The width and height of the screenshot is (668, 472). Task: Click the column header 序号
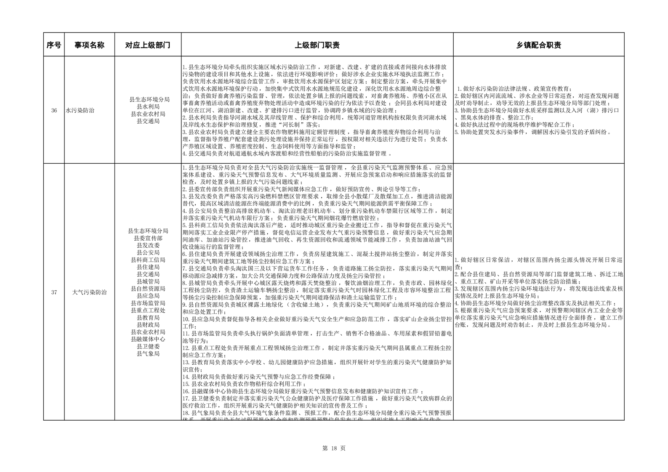click(53, 45)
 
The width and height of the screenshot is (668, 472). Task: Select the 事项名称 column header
click(89, 45)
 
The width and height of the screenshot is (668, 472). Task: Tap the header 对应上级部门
click(148, 45)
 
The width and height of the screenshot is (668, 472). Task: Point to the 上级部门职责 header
click(317, 45)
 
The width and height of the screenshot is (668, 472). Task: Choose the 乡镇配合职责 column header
click(539, 45)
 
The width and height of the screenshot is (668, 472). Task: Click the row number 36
click(54, 111)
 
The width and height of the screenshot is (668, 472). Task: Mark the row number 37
click(54, 292)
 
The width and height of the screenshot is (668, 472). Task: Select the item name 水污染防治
click(80, 111)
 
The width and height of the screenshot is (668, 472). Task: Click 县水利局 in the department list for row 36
click(148, 107)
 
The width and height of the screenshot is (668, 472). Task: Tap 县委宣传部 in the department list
click(148, 238)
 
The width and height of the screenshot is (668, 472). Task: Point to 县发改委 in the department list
click(148, 245)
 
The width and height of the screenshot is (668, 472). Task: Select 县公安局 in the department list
click(148, 252)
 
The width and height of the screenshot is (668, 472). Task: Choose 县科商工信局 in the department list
click(148, 260)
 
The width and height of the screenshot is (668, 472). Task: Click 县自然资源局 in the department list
click(148, 289)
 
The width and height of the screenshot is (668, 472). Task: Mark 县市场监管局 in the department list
click(148, 303)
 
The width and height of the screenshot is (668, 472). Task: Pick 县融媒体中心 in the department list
click(148, 339)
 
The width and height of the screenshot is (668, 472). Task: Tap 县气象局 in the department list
click(148, 354)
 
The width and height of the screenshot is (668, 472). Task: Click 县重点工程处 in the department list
click(148, 310)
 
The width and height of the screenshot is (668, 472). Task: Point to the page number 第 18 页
click(333, 448)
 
